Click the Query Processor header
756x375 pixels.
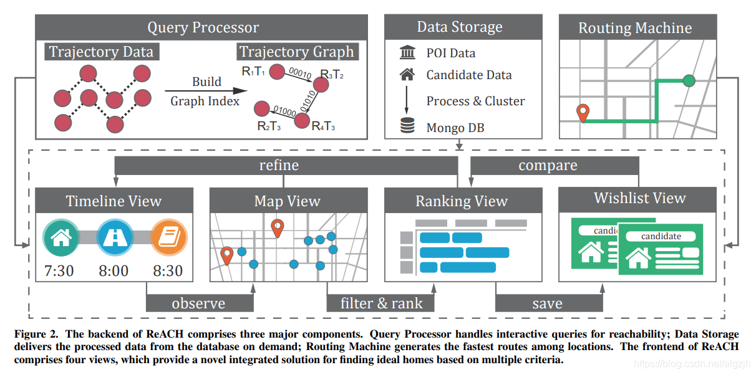tap(203, 27)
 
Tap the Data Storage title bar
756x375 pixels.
tap(459, 27)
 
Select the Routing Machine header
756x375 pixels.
tap(635, 27)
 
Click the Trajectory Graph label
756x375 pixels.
tap(296, 52)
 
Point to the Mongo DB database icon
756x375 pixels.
tap(407, 127)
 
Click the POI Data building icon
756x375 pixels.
tap(407, 53)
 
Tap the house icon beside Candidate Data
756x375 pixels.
tap(407, 75)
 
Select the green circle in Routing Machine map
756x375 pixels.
tap(689, 80)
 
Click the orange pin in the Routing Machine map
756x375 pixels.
tap(583, 113)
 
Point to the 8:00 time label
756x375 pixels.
tap(114, 271)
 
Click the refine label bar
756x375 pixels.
tap(279, 165)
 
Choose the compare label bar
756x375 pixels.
tap(548, 166)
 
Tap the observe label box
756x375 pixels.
tap(200, 303)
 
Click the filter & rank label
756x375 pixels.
tap(381, 303)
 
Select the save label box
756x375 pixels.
tap(548, 303)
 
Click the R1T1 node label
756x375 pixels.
tap(253, 71)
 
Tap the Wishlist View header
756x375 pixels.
tap(639, 199)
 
